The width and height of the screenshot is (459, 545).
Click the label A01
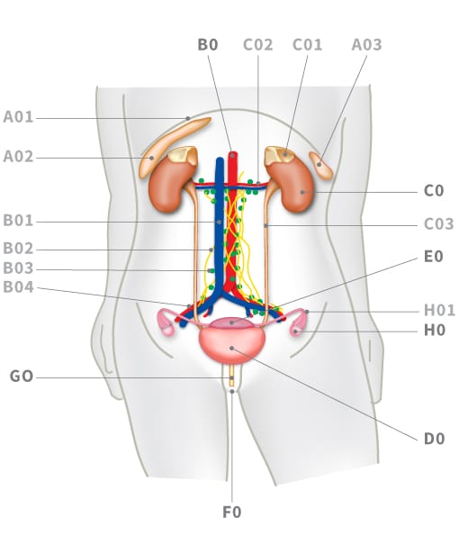click(x=18, y=117)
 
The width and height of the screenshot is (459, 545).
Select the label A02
click(x=18, y=157)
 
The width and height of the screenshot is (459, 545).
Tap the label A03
click(x=366, y=45)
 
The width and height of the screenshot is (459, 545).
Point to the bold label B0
click(x=208, y=45)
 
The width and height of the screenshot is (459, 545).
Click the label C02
click(x=258, y=45)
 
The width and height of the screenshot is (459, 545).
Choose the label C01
click(x=307, y=45)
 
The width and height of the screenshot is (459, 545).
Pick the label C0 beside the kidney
click(x=434, y=191)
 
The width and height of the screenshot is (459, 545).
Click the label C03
click(x=439, y=223)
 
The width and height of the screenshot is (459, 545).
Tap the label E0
click(x=434, y=257)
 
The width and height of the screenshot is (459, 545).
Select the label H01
click(x=439, y=310)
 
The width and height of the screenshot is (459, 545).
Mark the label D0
click(x=435, y=439)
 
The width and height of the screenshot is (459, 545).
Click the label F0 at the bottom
click(x=231, y=513)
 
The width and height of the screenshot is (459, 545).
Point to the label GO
click(x=22, y=377)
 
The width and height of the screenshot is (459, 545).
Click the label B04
click(x=18, y=287)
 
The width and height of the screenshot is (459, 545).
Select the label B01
click(x=18, y=221)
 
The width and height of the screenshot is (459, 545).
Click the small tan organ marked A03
click(x=321, y=166)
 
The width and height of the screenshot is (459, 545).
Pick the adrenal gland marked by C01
click(x=280, y=154)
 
